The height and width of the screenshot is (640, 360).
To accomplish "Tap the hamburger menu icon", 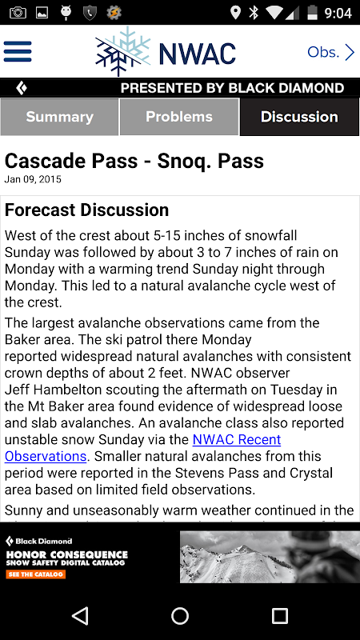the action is pyautogui.click(x=18, y=51).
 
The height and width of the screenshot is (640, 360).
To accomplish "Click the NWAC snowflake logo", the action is pyautogui.click(x=123, y=51).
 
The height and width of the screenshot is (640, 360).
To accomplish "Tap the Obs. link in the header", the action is pyautogui.click(x=330, y=52).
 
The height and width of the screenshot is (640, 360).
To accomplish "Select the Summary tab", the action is pyautogui.click(x=59, y=117).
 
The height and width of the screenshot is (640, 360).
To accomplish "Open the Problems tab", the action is pyautogui.click(x=179, y=117).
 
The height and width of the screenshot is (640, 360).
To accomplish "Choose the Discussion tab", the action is pyautogui.click(x=299, y=117).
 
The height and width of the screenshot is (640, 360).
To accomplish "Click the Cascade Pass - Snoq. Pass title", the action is pyautogui.click(x=134, y=161).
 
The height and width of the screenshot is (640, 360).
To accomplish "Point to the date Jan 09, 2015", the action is pyautogui.click(x=33, y=179).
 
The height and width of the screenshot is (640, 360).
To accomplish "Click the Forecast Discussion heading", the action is pyautogui.click(x=86, y=210).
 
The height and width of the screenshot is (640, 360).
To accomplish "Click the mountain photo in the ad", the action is pyautogui.click(x=270, y=557).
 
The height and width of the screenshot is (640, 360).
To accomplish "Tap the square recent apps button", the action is pyautogui.click(x=280, y=615).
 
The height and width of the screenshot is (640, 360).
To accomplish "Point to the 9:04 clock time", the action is pyautogui.click(x=338, y=13).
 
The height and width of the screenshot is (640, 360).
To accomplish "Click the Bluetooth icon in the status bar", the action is pyautogui.click(x=254, y=13).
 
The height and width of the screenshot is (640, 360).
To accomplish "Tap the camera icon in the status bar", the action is pyautogui.click(x=18, y=13).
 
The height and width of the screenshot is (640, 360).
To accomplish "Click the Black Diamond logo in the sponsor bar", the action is pyautogui.click(x=22, y=88).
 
